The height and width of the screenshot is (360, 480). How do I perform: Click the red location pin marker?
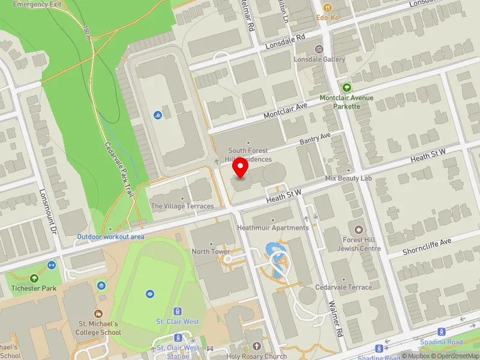[x=241, y=168]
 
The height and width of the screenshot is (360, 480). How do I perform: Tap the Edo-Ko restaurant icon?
[x=328, y=8]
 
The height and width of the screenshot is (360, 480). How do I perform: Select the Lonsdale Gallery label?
[x=319, y=59]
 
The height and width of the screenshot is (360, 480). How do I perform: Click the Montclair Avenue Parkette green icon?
[x=346, y=88]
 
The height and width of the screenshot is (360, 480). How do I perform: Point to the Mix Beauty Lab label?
[x=349, y=178]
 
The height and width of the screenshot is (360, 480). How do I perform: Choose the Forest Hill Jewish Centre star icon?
[x=359, y=230]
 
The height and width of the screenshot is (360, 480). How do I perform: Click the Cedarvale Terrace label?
[x=343, y=287]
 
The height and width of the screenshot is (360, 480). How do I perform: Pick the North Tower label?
[x=211, y=251]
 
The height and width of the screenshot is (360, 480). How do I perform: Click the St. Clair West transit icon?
[x=177, y=311]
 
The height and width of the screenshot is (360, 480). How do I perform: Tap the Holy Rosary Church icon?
[x=257, y=346]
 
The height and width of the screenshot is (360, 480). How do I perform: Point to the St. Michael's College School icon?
[x=98, y=313]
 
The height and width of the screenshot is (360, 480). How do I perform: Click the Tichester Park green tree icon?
[x=34, y=278]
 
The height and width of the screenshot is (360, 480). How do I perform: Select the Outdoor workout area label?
[x=110, y=236]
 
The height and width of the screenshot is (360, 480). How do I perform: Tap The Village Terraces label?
[x=182, y=206]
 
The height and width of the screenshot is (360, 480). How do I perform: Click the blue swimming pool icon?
[x=157, y=115]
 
